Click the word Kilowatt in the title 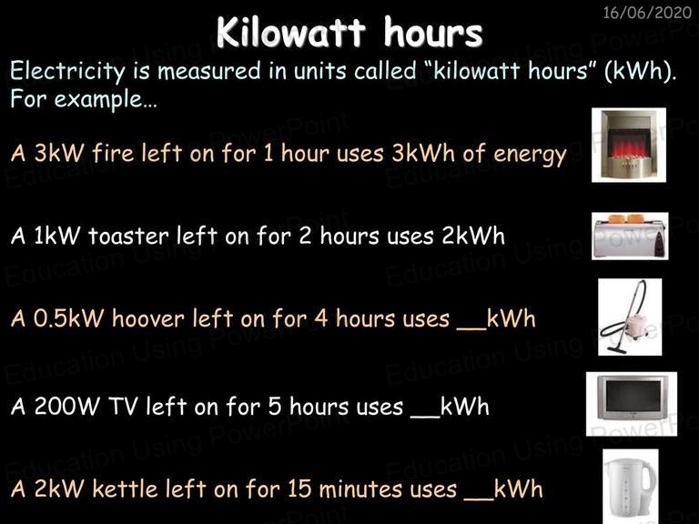[x=291, y=32]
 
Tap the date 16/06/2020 [x=647, y=13]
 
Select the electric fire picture [x=629, y=145]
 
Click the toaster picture [x=630, y=237]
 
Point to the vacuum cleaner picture [x=630, y=317]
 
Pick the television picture [x=632, y=404]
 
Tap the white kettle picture [x=631, y=487]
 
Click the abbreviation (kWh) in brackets [x=641, y=71]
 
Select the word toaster [x=128, y=236]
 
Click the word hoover [x=148, y=318]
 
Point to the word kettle [x=126, y=489]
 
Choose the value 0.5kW [x=68, y=318]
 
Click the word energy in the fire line [x=530, y=155]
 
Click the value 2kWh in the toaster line [x=473, y=236]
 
